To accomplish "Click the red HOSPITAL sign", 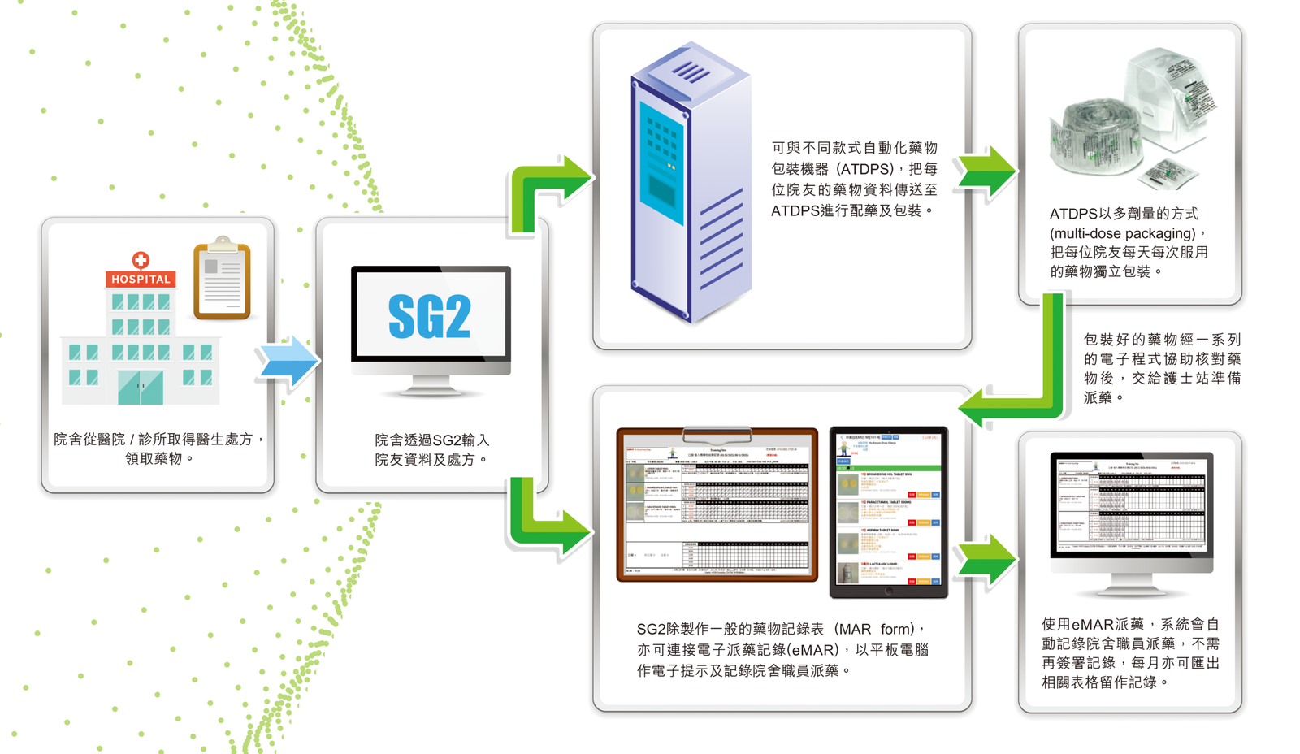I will click(141, 279).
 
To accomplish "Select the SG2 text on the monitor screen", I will click(430, 316).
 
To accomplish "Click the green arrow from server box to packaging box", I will click(985, 171).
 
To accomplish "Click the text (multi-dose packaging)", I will click(1122, 233).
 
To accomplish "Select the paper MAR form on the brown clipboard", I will click(717, 505).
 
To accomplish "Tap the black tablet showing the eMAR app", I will click(888, 512).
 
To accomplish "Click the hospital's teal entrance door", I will click(140, 387).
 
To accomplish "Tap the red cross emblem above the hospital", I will click(141, 259).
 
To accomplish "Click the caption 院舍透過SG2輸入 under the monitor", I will click(431, 440).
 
